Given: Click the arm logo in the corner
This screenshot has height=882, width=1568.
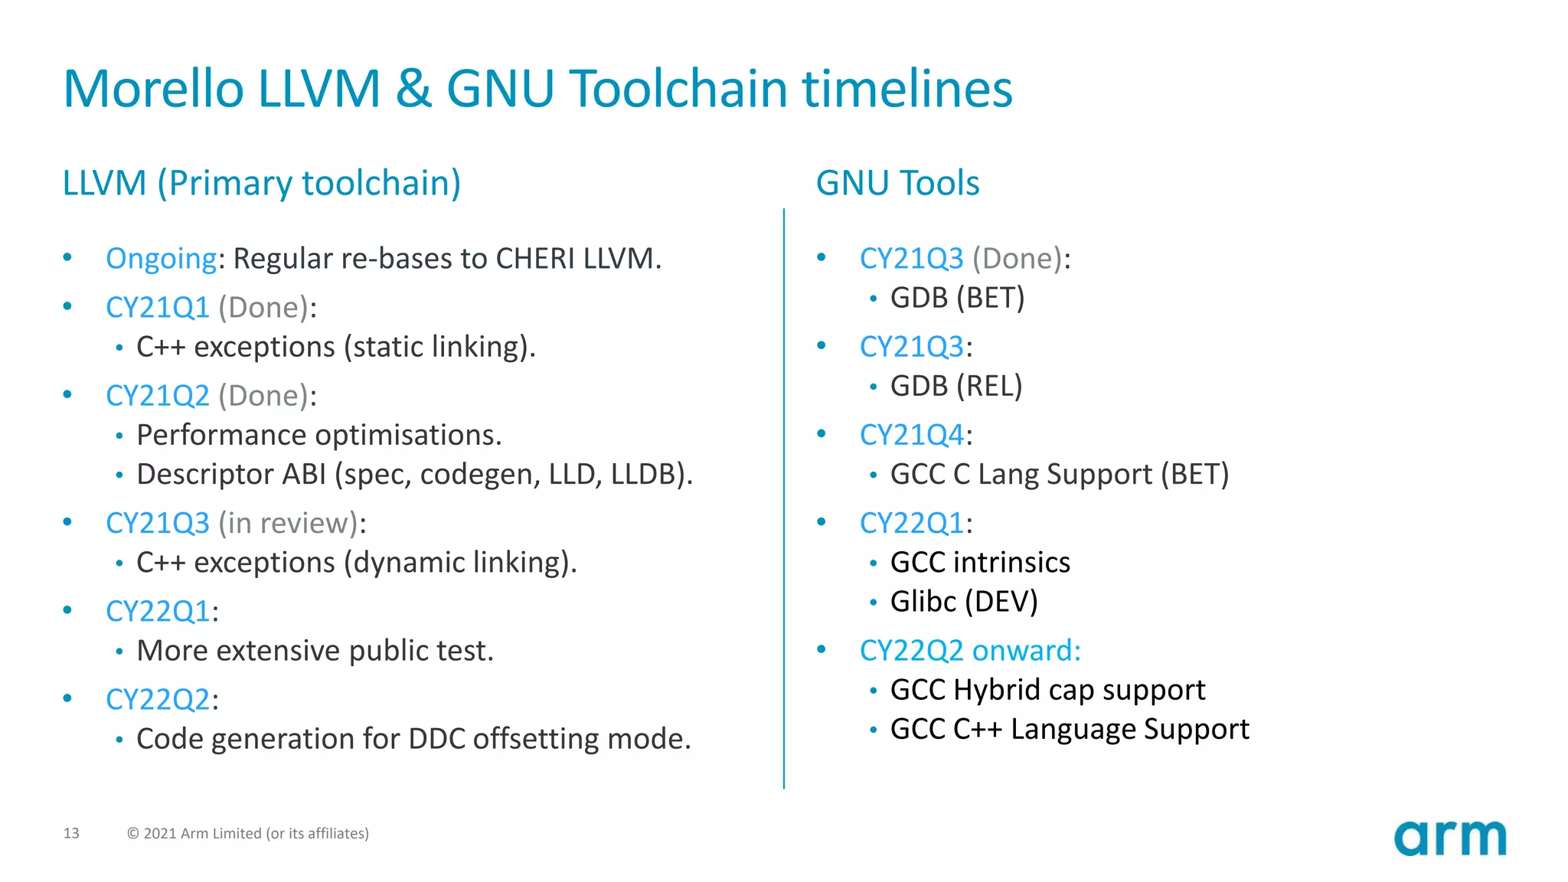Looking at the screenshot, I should tap(1449, 838).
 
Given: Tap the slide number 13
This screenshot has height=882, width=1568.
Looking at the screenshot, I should tap(71, 833).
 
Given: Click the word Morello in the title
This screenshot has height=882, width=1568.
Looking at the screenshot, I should tap(153, 89).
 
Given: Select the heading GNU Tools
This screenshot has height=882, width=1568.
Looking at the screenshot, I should tap(897, 183).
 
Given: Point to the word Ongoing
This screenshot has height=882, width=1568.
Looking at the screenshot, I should tap(161, 259).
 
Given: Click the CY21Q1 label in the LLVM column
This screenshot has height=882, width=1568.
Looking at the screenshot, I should tap(158, 308).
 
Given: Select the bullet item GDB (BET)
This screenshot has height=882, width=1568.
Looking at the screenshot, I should tap(957, 298).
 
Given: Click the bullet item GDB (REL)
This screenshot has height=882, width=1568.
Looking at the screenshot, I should tap(956, 386).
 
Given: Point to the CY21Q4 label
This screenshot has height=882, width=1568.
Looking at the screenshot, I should tap(911, 435).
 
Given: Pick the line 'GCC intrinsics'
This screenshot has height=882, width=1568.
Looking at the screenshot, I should tap(980, 563).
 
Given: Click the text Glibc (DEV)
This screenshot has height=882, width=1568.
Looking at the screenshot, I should tap(964, 602).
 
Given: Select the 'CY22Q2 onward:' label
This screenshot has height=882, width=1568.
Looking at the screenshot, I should tap(970, 651).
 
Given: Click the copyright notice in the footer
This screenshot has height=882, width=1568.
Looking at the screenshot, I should tap(247, 833).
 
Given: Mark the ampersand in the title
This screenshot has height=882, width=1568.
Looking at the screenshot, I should tap(413, 89).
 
